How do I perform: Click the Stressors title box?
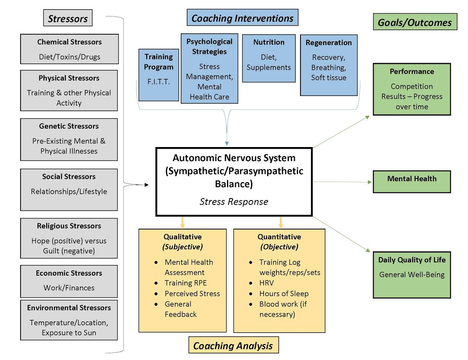pos(68,18)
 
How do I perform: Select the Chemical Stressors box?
pos(69,49)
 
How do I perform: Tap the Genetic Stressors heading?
pos(69,126)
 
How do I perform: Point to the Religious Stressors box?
pos(69,238)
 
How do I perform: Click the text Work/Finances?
pos(69,288)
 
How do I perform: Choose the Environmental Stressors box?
pos(69,320)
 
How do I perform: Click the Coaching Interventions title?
pos(242,18)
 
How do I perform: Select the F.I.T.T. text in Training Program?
pos(159,82)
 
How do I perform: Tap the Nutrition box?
pos(269,58)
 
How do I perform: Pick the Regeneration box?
pos(329,65)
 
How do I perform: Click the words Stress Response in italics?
pos(234,202)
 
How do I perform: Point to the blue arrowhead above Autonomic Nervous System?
pos(227,143)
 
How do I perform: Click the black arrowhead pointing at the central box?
pos(146,185)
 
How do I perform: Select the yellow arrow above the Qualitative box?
pos(182,222)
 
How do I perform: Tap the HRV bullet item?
pos(266,283)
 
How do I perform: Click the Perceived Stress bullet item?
pos(192,294)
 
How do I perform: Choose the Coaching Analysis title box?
pos(233,345)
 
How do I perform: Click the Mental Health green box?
pos(412,182)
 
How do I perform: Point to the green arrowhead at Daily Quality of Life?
pos(368,250)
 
